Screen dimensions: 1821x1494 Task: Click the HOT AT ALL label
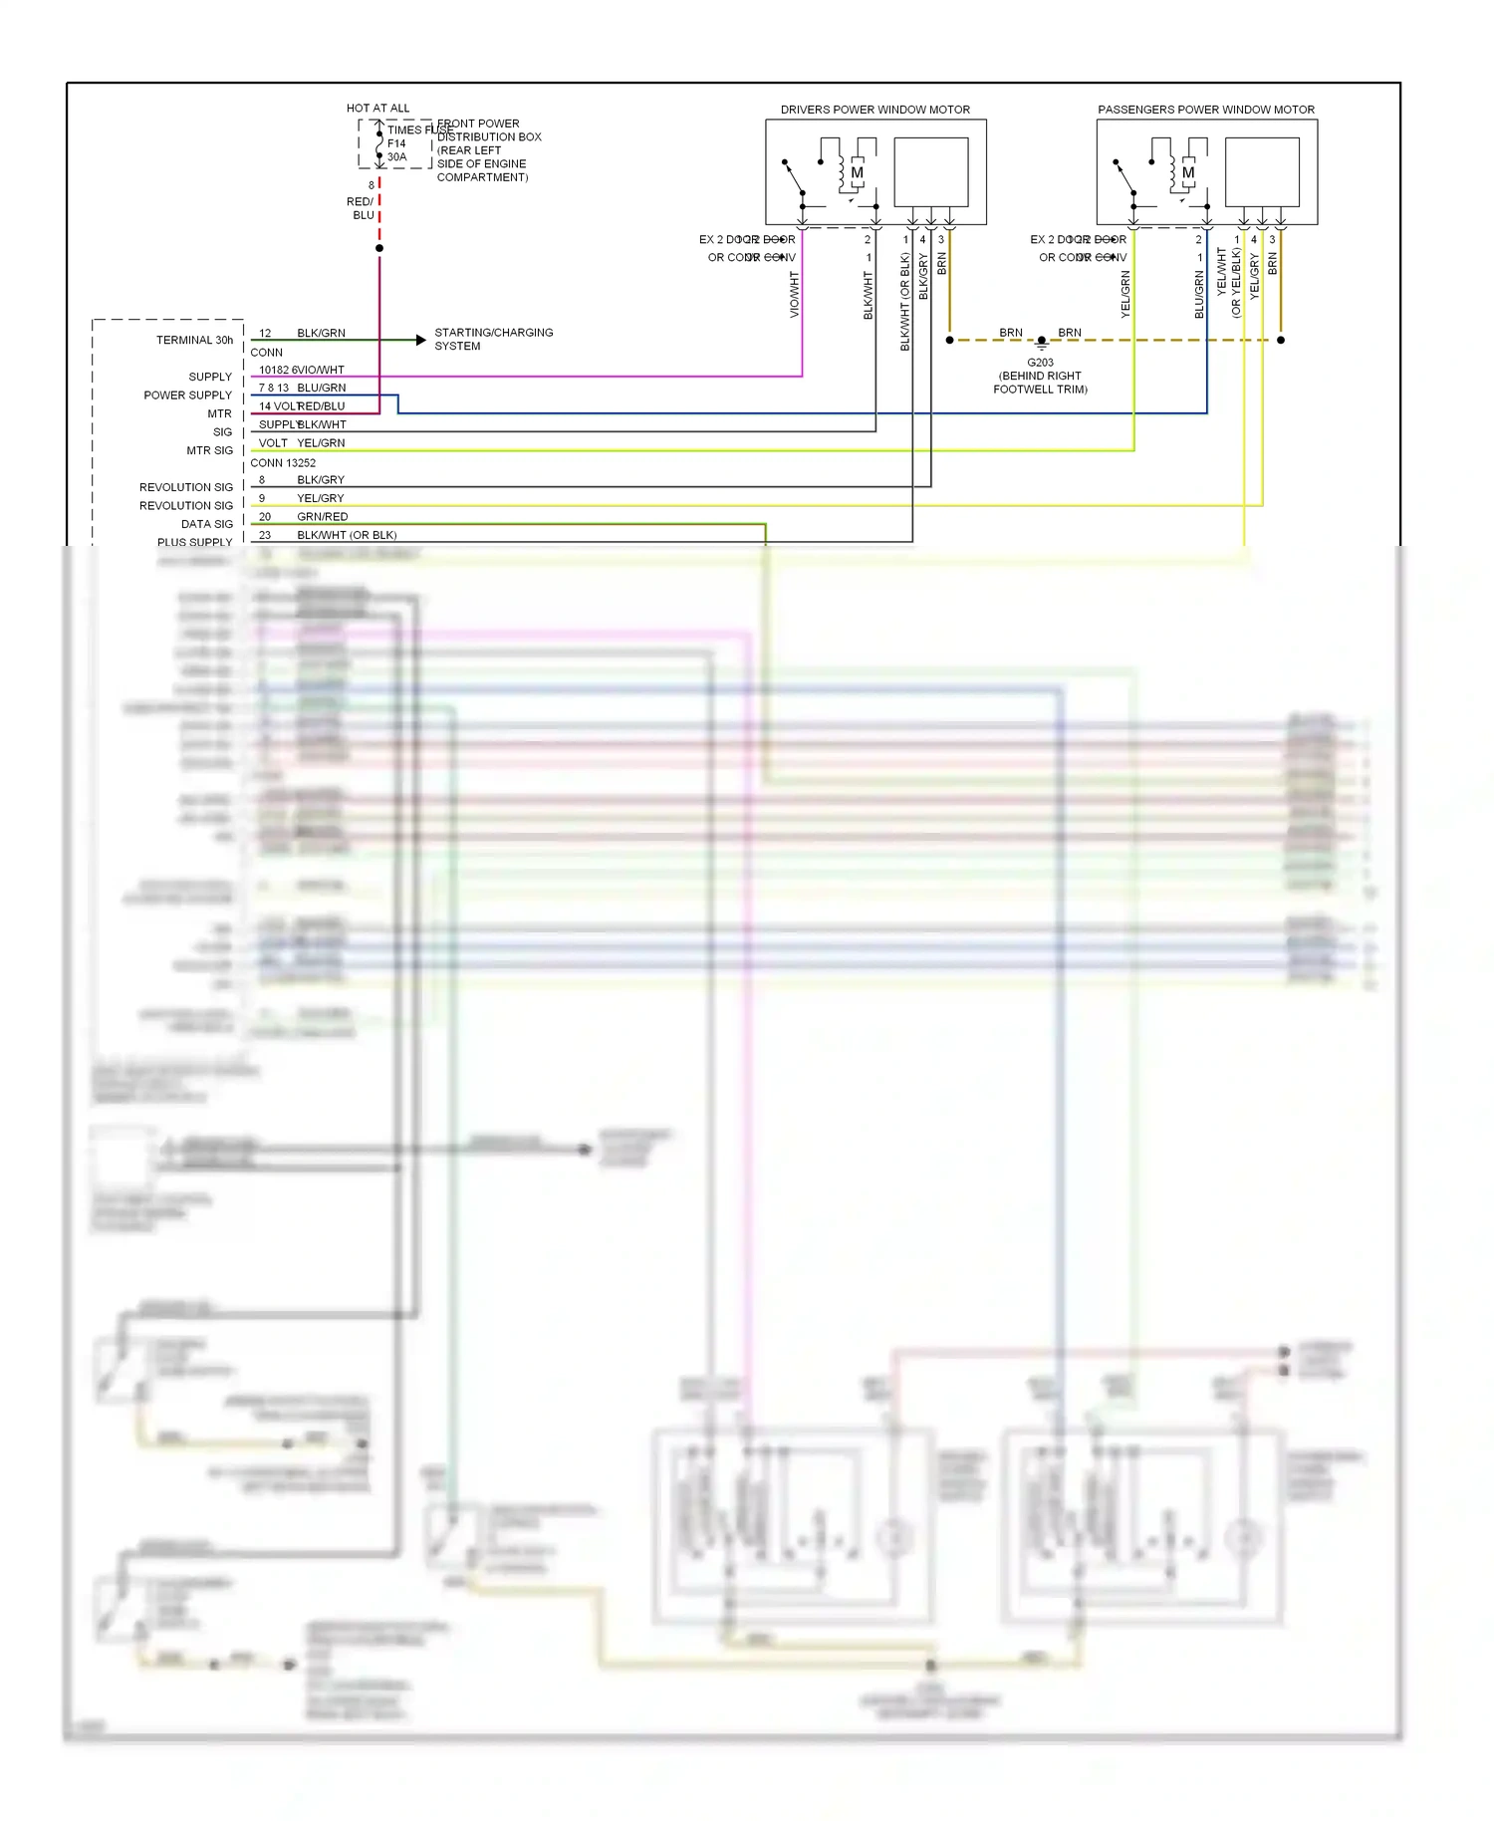(x=377, y=108)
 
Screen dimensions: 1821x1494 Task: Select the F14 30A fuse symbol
(x=379, y=143)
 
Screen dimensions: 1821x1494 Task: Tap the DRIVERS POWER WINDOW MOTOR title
(x=874, y=110)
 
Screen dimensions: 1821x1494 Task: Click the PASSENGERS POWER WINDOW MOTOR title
(x=1205, y=110)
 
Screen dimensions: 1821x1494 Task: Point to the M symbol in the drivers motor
(x=857, y=172)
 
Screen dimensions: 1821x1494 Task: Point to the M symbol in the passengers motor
(x=1187, y=172)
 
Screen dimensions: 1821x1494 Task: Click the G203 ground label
(x=1040, y=363)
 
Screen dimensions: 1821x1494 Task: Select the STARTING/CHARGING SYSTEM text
(x=493, y=339)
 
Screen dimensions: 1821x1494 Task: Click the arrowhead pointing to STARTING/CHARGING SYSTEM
(x=421, y=340)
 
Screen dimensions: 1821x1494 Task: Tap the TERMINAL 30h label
(x=194, y=340)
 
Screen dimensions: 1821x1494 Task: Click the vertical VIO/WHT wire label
(x=795, y=294)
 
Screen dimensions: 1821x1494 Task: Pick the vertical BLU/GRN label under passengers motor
(x=1199, y=294)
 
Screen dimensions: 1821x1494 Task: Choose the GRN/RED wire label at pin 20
(x=322, y=516)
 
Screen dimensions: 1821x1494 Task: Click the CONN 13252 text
(x=283, y=462)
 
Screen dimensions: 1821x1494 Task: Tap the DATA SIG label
(x=207, y=524)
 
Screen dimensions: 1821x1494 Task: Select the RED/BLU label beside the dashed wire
(x=361, y=208)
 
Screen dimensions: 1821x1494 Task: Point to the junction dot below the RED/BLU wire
(x=379, y=248)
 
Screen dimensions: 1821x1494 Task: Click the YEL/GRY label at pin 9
(x=320, y=498)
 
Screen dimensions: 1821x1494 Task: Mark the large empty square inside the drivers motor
(x=931, y=171)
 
